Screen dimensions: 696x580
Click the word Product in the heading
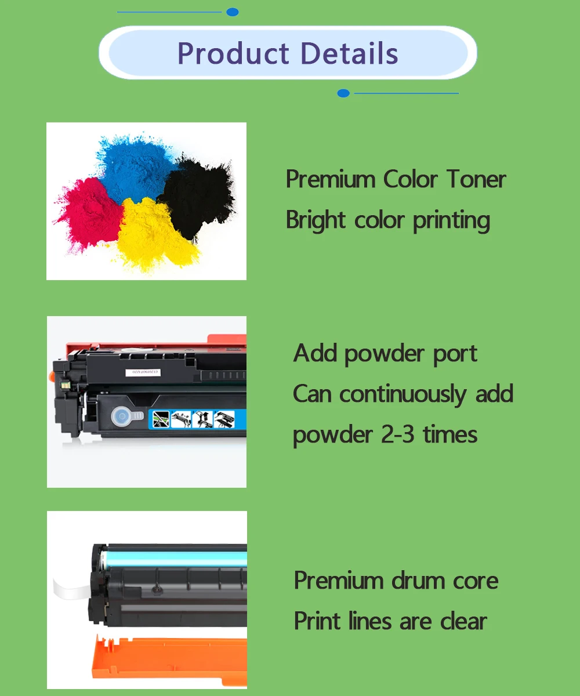pyautogui.click(x=233, y=54)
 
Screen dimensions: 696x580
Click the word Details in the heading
pyautogui.click(x=349, y=53)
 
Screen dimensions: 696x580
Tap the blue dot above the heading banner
pyautogui.click(x=233, y=12)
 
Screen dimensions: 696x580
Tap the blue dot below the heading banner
pyautogui.click(x=343, y=93)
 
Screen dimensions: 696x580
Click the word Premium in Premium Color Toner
pyautogui.click(x=331, y=179)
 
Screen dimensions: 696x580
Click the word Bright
pyautogui.click(x=316, y=220)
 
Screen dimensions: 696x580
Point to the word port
pyautogui.click(x=454, y=354)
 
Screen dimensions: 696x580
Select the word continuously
pyautogui.click(x=403, y=394)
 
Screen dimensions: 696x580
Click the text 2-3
pyautogui.click(x=397, y=435)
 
